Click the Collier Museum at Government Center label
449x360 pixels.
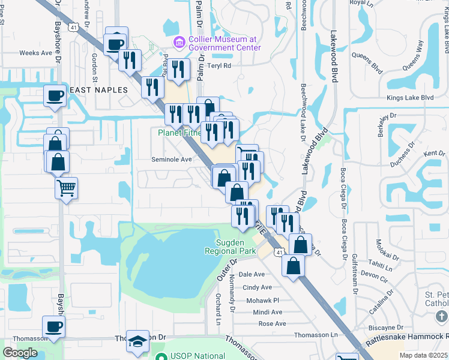(224, 43)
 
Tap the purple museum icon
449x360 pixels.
(178, 42)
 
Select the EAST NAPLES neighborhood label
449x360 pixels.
(99, 89)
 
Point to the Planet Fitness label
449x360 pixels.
(179, 133)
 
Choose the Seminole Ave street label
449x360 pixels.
(171, 160)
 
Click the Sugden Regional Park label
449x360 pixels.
(240, 247)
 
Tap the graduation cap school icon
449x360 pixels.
(138, 342)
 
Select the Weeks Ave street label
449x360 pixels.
(36, 53)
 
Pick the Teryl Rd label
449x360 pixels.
(218, 66)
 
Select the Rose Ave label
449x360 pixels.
(272, 323)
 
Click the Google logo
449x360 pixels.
(20, 353)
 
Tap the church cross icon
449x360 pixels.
(442, 316)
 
